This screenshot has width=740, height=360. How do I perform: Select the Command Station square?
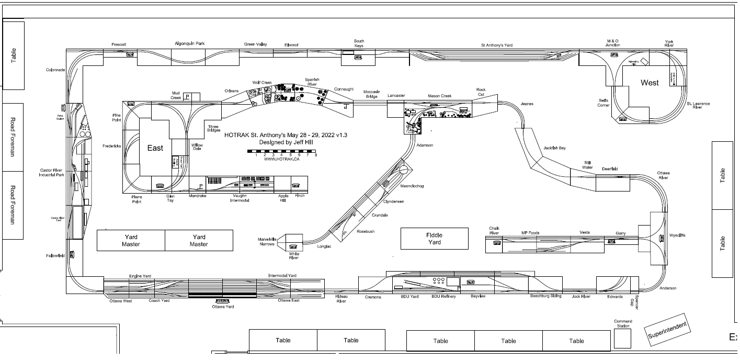tap(622, 339)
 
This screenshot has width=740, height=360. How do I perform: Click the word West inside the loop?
tap(650, 83)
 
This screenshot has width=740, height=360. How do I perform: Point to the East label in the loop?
tap(155, 148)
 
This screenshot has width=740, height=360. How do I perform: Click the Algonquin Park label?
tap(189, 44)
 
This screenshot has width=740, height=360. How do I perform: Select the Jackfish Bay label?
tap(554, 148)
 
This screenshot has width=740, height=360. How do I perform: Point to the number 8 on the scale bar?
tap(316, 155)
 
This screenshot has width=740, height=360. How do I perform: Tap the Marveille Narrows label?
tap(267, 241)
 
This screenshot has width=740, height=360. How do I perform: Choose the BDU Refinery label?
tap(443, 297)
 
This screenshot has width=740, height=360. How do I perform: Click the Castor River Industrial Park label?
tap(51, 172)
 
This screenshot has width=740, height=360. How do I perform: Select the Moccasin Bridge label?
tap(371, 94)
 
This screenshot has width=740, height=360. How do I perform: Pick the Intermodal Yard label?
tap(282, 276)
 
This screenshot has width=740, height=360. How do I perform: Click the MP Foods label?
tap(530, 233)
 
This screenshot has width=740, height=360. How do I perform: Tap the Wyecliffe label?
tap(677, 235)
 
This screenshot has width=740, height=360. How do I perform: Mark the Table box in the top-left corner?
tap(14, 54)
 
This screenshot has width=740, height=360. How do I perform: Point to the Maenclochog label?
tap(412, 186)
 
